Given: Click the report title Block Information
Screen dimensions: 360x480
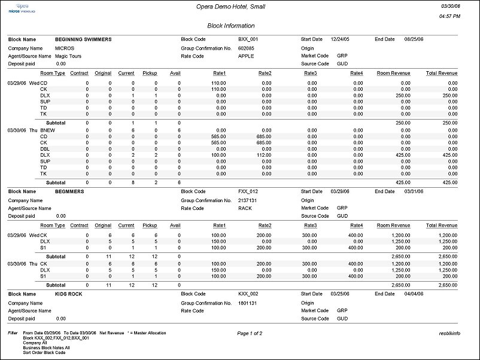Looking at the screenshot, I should [230, 26].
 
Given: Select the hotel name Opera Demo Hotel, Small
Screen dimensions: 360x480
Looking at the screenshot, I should [230, 7].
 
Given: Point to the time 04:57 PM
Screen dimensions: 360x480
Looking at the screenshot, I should [449, 16].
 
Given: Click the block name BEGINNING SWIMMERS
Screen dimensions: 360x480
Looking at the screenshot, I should [83, 39].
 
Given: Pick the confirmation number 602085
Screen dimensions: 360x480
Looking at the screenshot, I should [246, 48].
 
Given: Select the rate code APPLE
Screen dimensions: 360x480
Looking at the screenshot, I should [246, 56].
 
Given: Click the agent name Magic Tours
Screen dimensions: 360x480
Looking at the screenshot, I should [68, 56].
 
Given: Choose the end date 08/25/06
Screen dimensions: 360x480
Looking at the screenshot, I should [414, 39].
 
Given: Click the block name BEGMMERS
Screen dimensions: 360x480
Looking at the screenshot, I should [69, 192].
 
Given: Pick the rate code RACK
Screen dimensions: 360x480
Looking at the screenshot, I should [245, 208].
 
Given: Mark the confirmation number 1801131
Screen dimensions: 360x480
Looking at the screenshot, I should [247, 303].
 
